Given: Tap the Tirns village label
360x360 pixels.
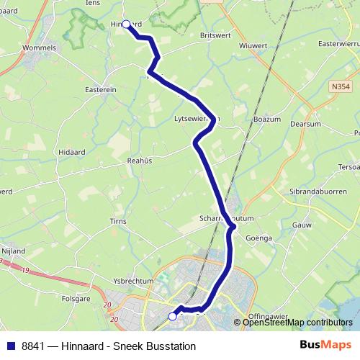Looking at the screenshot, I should pos(118,221).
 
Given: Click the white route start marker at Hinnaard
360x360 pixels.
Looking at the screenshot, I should pos(126,24).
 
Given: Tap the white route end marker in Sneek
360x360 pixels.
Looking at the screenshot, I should pos(172,316).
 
